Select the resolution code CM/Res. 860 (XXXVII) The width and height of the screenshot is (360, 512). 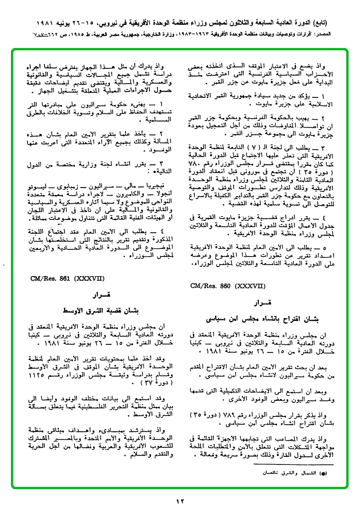(223, 286)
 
